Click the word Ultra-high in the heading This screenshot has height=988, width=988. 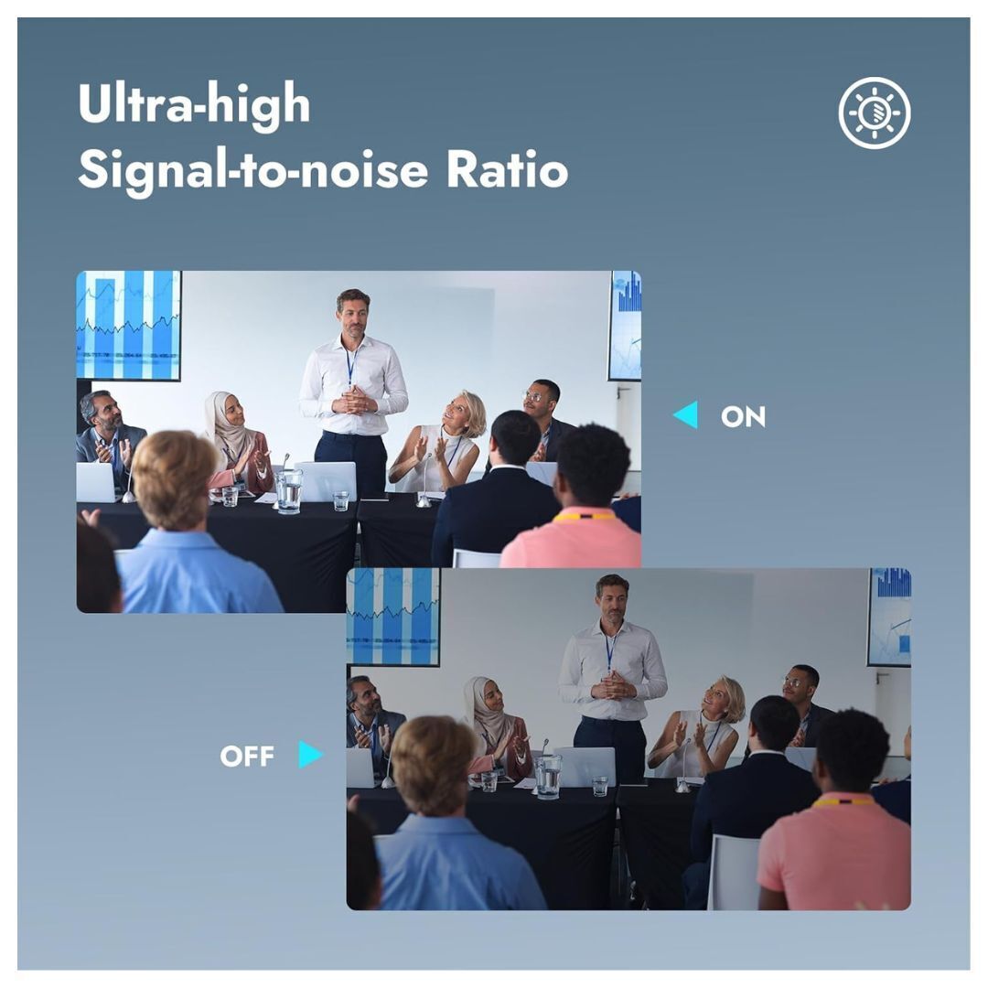coord(194,104)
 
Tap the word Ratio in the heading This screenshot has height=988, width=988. coord(507,169)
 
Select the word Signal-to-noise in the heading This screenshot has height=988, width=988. coord(252,171)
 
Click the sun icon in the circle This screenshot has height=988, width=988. coord(875,113)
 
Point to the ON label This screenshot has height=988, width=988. coord(743,416)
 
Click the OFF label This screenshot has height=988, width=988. coord(246,756)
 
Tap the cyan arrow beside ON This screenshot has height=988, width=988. coord(685,414)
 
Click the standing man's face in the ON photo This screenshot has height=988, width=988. coord(353,316)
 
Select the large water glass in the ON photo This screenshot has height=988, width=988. coord(288,491)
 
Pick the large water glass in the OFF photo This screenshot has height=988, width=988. coord(548,777)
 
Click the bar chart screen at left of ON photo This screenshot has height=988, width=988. coord(129,326)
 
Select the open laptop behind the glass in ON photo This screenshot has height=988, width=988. coord(327,481)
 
